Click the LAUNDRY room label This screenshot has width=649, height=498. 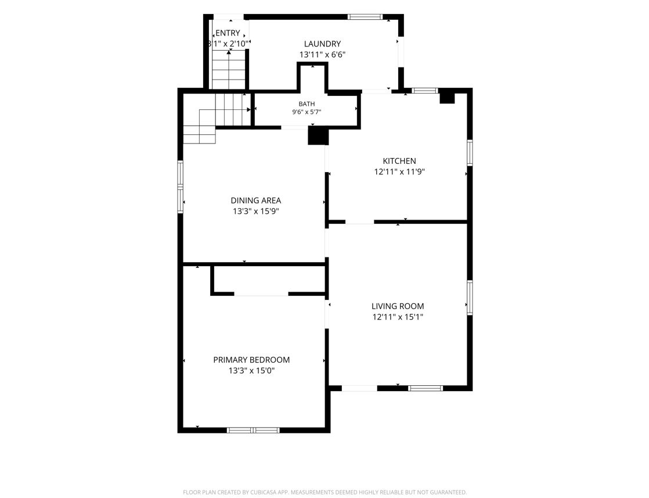[322, 44]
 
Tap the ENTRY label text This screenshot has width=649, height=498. [228, 33]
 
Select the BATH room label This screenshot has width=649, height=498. [307, 104]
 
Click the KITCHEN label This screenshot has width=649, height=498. [399, 161]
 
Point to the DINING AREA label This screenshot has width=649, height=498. [256, 200]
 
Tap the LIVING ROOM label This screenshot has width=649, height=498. [398, 307]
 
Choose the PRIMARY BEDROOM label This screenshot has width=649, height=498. [252, 360]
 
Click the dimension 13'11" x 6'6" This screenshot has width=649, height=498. [322, 55]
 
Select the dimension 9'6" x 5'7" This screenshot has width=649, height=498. [307, 112]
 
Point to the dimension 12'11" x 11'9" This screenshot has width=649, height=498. [399, 172]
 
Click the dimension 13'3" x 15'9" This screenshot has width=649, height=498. [256, 212]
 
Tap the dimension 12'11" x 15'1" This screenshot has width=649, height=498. [398, 317]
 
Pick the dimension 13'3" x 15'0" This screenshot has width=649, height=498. [252, 371]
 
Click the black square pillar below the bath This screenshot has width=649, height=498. [318, 137]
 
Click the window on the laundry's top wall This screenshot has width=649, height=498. [364, 17]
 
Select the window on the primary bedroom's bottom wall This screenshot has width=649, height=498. [253, 431]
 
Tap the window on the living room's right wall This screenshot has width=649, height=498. [470, 298]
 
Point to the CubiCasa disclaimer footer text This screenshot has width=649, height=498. [325, 492]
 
